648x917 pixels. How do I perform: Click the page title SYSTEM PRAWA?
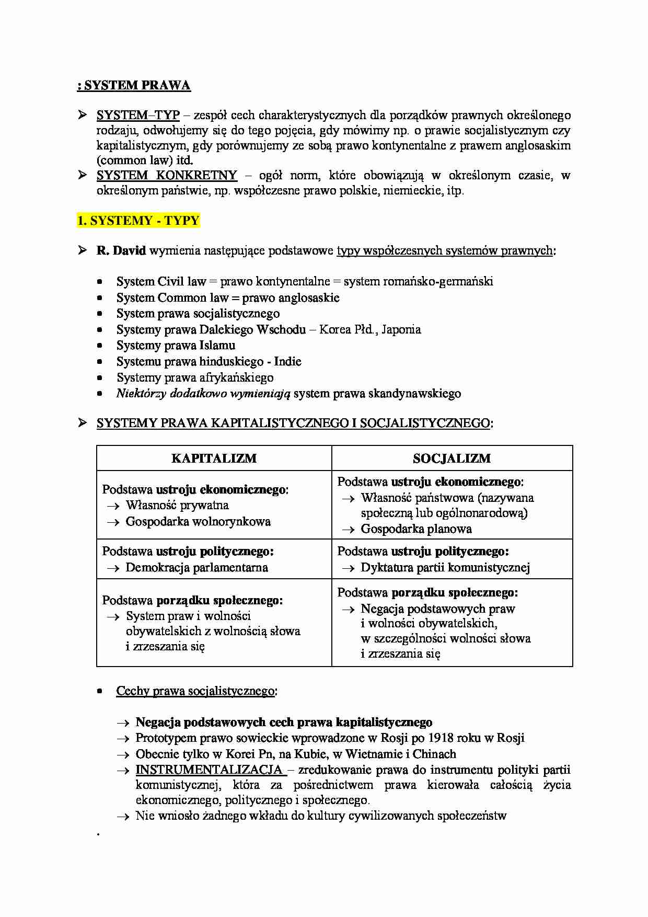tap(137, 86)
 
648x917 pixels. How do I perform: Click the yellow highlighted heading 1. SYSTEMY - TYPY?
tap(138, 221)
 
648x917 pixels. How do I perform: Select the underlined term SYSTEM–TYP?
tap(138, 115)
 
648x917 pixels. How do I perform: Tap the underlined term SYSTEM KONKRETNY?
tap(167, 175)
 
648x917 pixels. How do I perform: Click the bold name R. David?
tap(121, 251)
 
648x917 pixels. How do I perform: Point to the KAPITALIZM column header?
tap(214, 458)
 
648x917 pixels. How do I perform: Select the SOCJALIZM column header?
tap(452, 458)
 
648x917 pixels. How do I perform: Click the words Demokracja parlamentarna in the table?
tap(196, 568)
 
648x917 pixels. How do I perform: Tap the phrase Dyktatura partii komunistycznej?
tap(445, 568)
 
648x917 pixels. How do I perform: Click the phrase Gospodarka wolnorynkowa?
tap(198, 522)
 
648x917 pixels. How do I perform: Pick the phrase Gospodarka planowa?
tap(416, 529)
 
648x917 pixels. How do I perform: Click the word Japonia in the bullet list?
tap(401, 329)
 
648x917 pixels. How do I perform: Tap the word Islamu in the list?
tap(217, 346)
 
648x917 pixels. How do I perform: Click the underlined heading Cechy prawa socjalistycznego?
tap(195, 691)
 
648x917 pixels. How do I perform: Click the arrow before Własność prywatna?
tap(113, 506)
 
